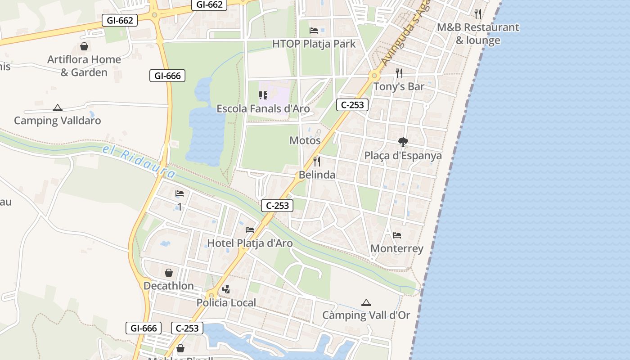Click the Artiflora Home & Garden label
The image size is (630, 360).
(x=84, y=66)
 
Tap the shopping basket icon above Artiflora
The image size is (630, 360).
(x=84, y=46)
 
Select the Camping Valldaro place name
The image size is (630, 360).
(x=57, y=121)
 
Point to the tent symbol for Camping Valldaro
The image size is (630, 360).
(x=57, y=108)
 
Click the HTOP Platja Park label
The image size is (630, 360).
(x=314, y=44)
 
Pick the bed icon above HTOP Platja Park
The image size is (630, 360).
(x=314, y=31)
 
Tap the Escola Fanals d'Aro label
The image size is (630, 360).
(x=263, y=108)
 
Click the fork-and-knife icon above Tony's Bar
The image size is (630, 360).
(x=399, y=73)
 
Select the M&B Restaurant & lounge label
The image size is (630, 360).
(x=478, y=34)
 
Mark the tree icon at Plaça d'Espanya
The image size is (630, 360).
(x=403, y=142)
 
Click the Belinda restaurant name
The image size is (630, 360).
(x=317, y=175)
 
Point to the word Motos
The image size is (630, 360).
(x=305, y=140)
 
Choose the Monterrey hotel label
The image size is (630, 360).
(x=396, y=248)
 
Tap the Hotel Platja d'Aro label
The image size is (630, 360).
(x=250, y=243)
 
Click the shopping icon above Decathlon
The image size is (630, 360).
(x=168, y=273)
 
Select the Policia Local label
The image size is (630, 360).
(x=226, y=303)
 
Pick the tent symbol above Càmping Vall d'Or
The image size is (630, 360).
(x=366, y=303)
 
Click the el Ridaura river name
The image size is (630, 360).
(x=139, y=161)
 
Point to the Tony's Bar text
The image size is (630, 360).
(x=399, y=86)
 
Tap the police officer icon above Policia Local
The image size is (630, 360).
(x=226, y=289)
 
